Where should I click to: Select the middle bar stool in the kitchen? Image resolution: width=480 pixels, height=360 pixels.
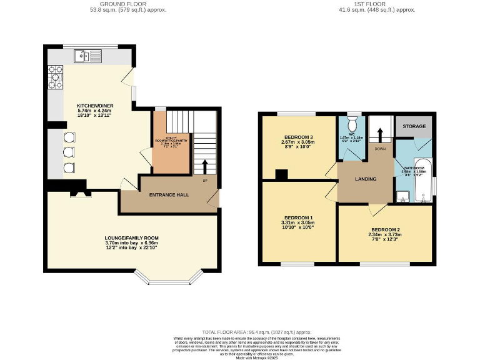68,152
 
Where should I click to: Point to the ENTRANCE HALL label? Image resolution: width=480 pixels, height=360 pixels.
169,195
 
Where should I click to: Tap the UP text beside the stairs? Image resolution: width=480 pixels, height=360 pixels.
205,181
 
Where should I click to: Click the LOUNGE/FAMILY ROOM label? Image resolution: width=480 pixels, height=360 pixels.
131,238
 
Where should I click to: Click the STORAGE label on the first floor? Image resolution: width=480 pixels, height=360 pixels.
414,126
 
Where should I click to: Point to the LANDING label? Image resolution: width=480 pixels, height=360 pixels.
366,179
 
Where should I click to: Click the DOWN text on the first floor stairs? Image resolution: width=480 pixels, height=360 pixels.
380,149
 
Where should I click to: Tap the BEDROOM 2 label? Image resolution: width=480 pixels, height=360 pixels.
385,229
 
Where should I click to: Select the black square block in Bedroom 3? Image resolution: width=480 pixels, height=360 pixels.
281,175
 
